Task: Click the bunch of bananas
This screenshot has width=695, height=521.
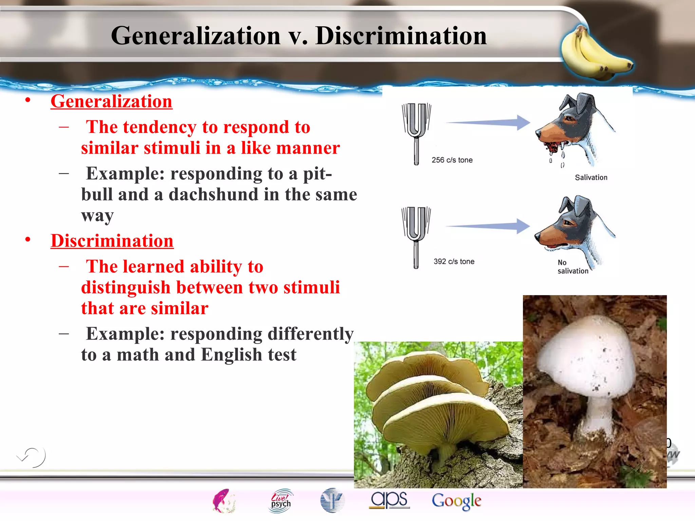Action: pyautogui.click(x=595, y=54)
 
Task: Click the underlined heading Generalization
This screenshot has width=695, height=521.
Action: pyautogui.click(x=111, y=101)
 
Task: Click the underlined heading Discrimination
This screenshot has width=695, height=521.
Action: pyautogui.click(x=112, y=241)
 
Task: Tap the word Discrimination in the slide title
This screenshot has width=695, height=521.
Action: pyautogui.click(x=401, y=36)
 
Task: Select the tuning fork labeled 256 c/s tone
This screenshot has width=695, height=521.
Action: pyautogui.click(x=416, y=132)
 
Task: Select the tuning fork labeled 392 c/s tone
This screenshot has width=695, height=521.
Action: pyautogui.click(x=416, y=236)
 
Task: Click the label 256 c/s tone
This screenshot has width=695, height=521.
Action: pyautogui.click(x=452, y=160)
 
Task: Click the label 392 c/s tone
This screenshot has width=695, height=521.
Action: pyautogui.click(x=454, y=262)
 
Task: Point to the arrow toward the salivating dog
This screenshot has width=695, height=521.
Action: pyautogui.click(x=489, y=122)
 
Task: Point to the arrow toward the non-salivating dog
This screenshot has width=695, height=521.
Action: pyautogui.click(x=489, y=226)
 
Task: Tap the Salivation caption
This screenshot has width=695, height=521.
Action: pyautogui.click(x=591, y=177)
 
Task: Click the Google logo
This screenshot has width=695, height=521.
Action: pyautogui.click(x=456, y=501)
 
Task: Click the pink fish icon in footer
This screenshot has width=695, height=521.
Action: pyautogui.click(x=223, y=501)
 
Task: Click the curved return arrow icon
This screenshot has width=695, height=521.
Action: pyautogui.click(x=32, y=457)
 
